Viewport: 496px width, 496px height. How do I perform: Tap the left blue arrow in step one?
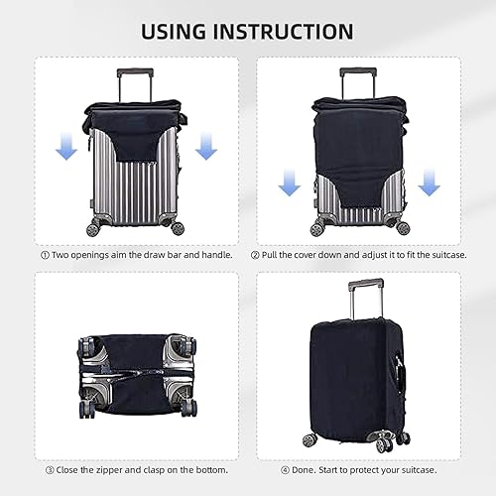(x=66, y=148)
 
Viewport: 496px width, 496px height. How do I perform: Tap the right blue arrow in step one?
(x=205, y=148)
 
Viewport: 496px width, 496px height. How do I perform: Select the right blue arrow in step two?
(x=430, y=183)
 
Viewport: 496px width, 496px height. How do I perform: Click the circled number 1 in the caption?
(x=45, y=255)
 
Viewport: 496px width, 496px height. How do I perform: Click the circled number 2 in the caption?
(x=255, y=255)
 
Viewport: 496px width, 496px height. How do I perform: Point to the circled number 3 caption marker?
(x=45, y=469)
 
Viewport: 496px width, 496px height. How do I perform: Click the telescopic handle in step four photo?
(x=359, y=298)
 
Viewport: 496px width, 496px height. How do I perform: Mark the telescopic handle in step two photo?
(x=359, y=79)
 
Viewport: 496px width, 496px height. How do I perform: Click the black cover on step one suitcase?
(x=136, y=139)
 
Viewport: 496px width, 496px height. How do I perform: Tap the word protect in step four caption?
(x=380, y=469)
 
